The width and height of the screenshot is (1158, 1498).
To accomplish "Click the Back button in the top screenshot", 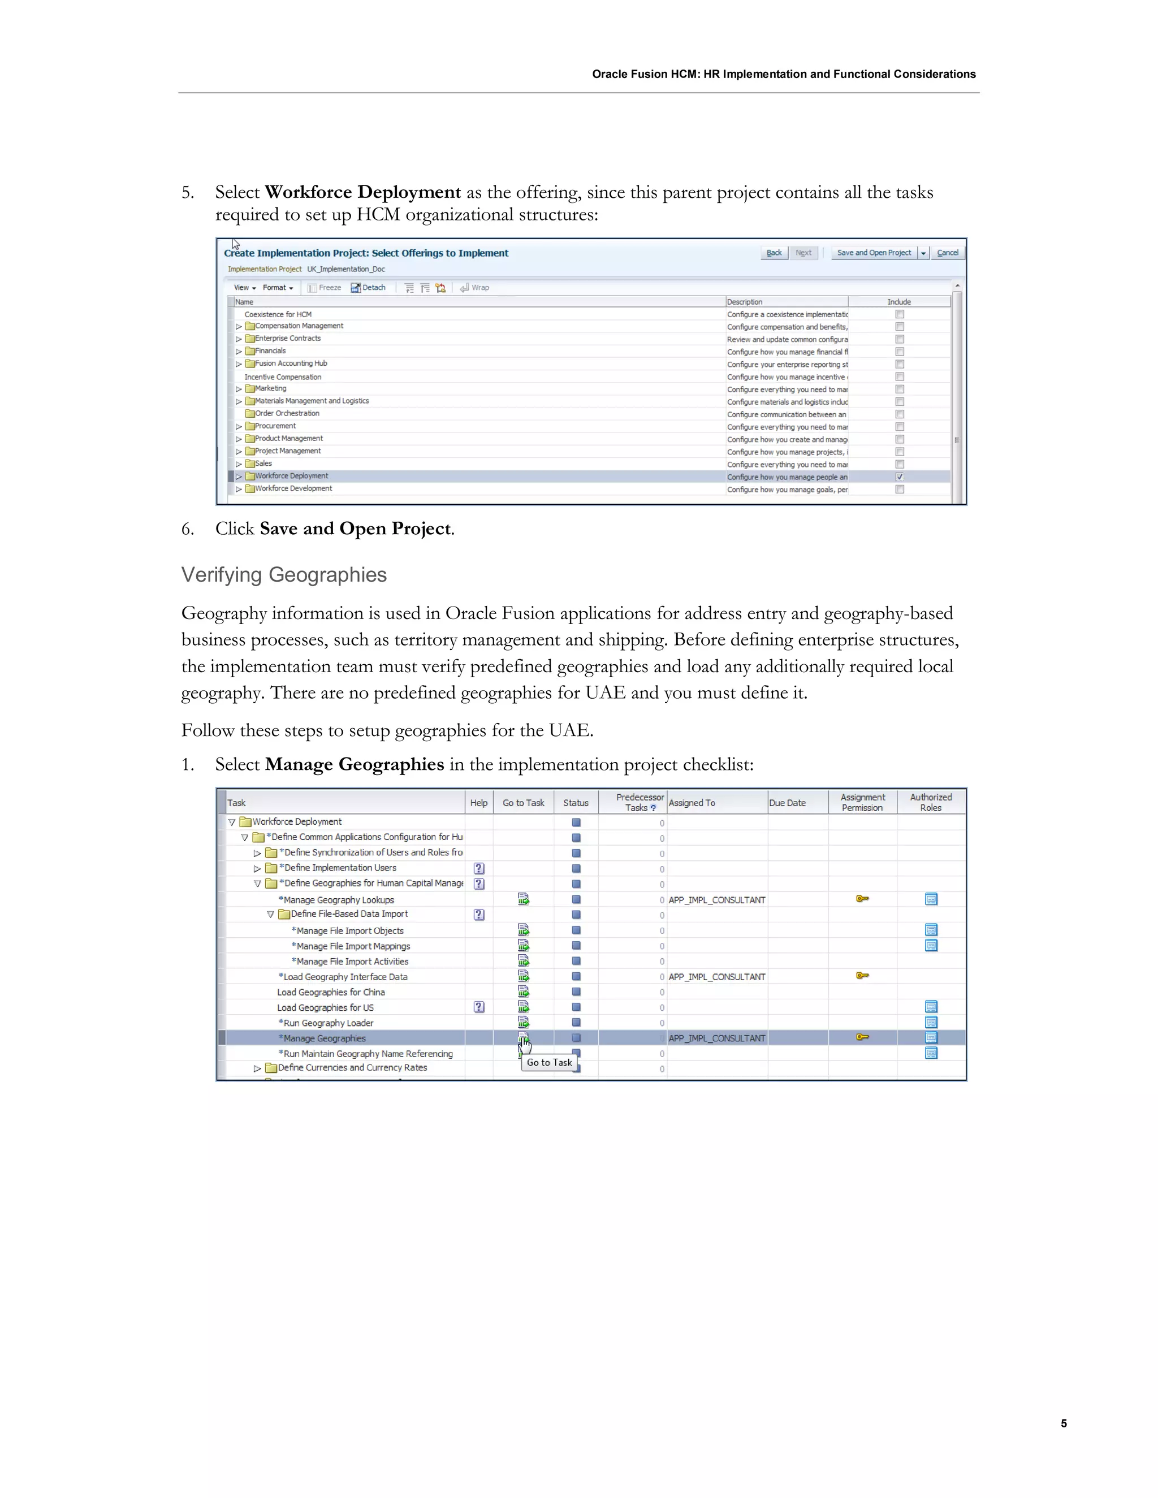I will pyautogui.click(x=774, y=253).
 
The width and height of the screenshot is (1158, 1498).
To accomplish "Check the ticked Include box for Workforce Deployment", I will pyautogui.click(x=900, y=477).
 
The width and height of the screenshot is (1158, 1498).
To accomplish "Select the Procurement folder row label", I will pyautogui.click(x=275, y=426).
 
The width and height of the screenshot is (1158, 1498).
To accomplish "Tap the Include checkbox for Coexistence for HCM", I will pyautogui.click(x=900, y=314).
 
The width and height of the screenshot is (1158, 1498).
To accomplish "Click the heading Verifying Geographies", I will pyautogui.click(x=283, y=575).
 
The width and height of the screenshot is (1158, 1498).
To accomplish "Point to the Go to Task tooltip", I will pyautogui.click(x=549, y=1063).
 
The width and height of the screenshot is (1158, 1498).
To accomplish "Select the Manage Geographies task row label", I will pyautogui.click(x=325, y=1038).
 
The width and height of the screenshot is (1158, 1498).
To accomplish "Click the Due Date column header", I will pyautogui.click(x=787, y=803).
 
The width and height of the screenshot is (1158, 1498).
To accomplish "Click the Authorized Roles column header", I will pyautogui.click(x=930, y=803).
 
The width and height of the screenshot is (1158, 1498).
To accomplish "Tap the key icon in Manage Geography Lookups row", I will pyautogui.click(x=862, y=899).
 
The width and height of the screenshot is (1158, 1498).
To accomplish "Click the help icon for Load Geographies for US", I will pyautogui.click(x=479, y=1007).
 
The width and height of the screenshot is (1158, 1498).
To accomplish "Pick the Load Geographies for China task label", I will pyautogui.click(x=331, y=993).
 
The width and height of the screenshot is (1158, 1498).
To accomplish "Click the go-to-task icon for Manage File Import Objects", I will pyautogui.click(x=524, y=930).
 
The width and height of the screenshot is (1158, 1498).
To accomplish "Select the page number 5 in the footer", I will pyautogui.click(x=1064, y=1423).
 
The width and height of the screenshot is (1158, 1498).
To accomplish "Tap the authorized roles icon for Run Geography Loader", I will pyautogui.click(x=930, y=1023).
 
